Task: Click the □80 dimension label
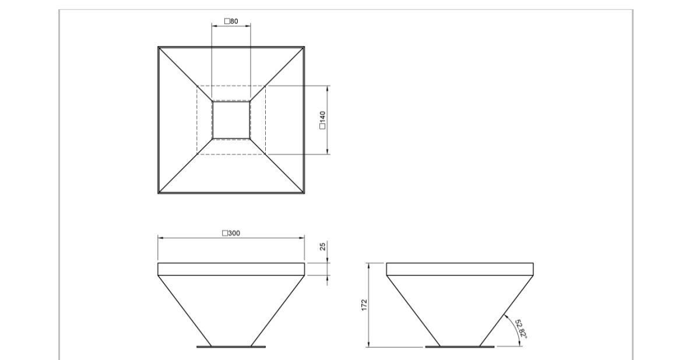[231, 22]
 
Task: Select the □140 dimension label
[322, 120]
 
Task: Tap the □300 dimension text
[231, 233]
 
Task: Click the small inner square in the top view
[231, 120]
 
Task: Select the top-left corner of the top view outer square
[159, 47]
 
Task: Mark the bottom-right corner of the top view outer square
[304, 193]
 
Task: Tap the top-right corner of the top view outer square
[304, 47]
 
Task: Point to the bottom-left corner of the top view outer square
[159, 193]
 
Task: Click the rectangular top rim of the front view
[231, 269]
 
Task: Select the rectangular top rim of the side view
[460, 269]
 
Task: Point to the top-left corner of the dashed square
[197, 86]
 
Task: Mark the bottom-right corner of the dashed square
[266, 154]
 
